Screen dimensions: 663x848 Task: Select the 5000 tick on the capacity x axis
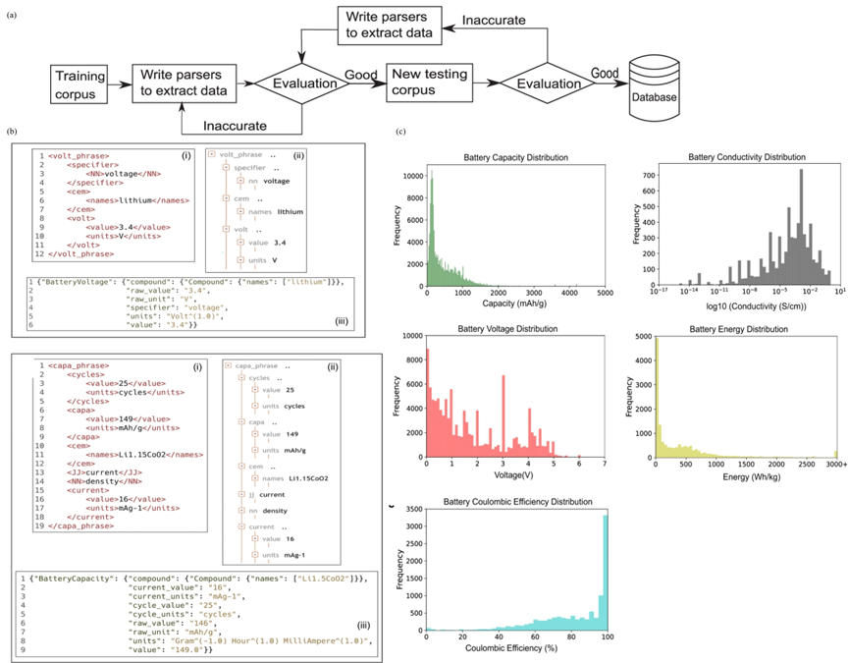pos(605,293)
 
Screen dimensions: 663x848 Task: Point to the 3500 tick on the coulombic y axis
pos(413,509)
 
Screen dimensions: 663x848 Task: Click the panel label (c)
pos(398,133)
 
